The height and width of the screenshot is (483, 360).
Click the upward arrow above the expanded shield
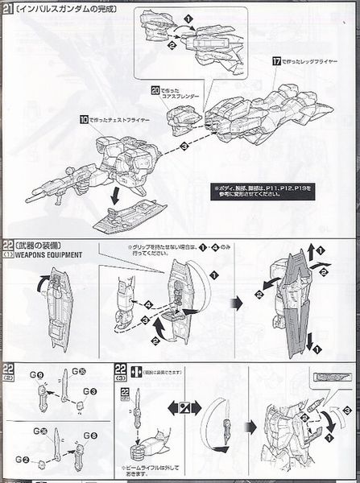pyautogui.click(x=308, y=249)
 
